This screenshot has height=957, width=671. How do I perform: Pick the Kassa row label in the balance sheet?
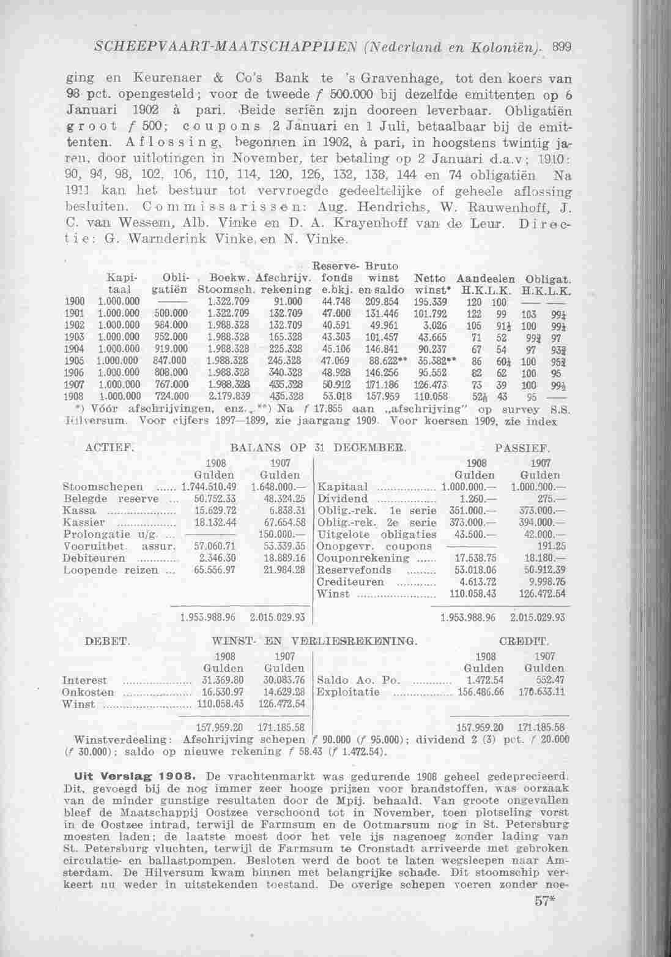click(79, 510)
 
